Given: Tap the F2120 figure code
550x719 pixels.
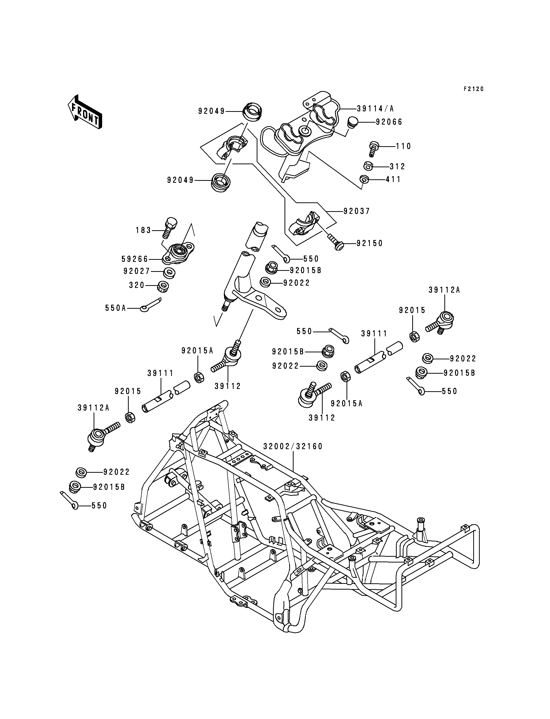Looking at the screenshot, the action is [x=473, y=89].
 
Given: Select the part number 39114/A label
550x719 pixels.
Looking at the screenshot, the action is [x=375, y=109].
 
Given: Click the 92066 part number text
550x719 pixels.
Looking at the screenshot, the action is [x=389, y=122].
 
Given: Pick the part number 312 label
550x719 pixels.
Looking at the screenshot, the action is [x=397, y=167].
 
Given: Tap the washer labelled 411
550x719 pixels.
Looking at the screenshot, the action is [x=364, y=179].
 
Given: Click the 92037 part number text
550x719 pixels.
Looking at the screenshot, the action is [x=357, y=211].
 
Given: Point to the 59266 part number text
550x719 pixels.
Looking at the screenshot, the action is [x=135, y=259].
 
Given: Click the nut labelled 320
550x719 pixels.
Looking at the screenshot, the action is [x=163, y=287].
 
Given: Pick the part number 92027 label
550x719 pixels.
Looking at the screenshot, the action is [x=136, y=271].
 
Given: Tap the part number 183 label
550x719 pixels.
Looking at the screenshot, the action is [x=143, y=230].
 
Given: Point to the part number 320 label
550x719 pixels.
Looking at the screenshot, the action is [x=137, y=285].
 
